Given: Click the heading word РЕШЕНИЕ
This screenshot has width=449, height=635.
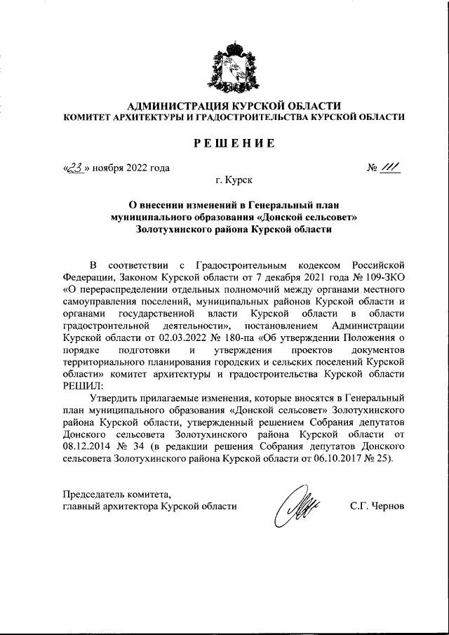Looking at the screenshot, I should pos(234,144).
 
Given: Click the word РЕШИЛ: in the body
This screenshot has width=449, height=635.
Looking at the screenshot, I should pos(83,384).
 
